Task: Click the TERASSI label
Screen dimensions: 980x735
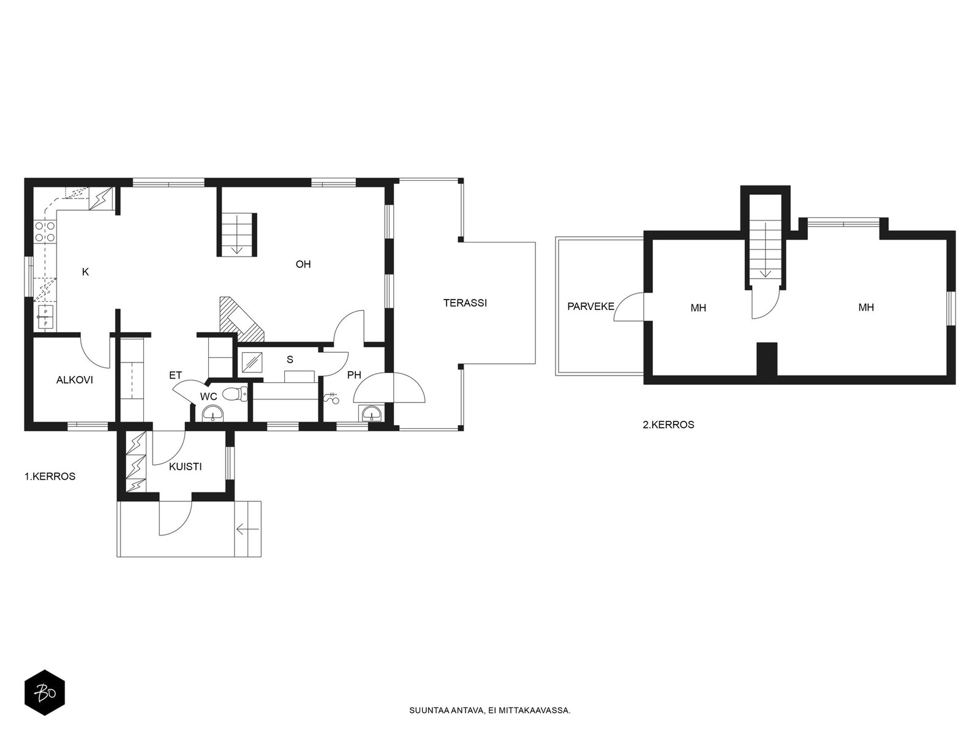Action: [x=465, y=303]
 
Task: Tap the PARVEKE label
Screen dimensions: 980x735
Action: [x=590, y=307]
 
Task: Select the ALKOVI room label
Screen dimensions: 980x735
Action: [x=75, y=380]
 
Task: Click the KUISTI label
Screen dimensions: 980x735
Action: [x=186, y=467]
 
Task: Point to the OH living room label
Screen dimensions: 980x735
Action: [x=303, y=264]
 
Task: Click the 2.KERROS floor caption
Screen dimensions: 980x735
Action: [x=668, y=425]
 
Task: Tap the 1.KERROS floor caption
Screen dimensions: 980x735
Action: [x=50, y=477]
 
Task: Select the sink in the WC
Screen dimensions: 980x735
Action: [x=213, y=413]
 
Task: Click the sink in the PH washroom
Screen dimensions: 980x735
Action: [x=371, y=413]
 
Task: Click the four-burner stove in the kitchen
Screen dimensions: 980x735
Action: [x=45, y=232]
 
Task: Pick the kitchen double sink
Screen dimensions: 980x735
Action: [x=45, y=317]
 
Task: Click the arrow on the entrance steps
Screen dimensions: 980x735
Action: [x=248, y=529]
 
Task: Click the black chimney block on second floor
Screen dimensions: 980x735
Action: [x=767, y=360]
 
